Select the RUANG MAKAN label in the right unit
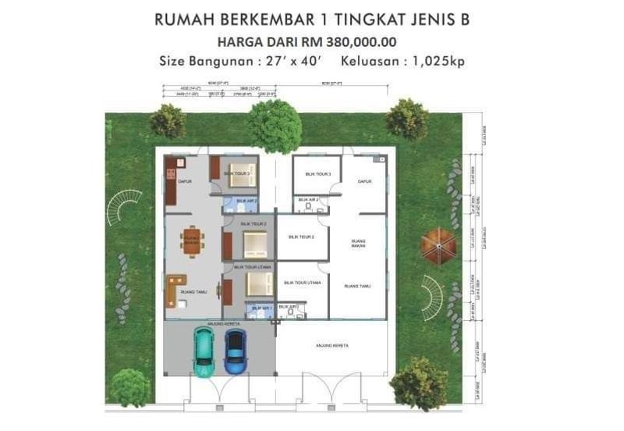[x=359, y=244]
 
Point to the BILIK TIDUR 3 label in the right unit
[x=316, y=173]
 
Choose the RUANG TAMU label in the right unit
[x=357, y=287]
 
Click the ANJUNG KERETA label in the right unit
[x=331, y=344]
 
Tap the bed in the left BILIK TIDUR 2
[x=254, y=246]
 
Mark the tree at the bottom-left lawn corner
[x=129, y=387]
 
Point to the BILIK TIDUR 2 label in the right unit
[x=301, y=237]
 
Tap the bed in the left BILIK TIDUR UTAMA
[x=254, y=283]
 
